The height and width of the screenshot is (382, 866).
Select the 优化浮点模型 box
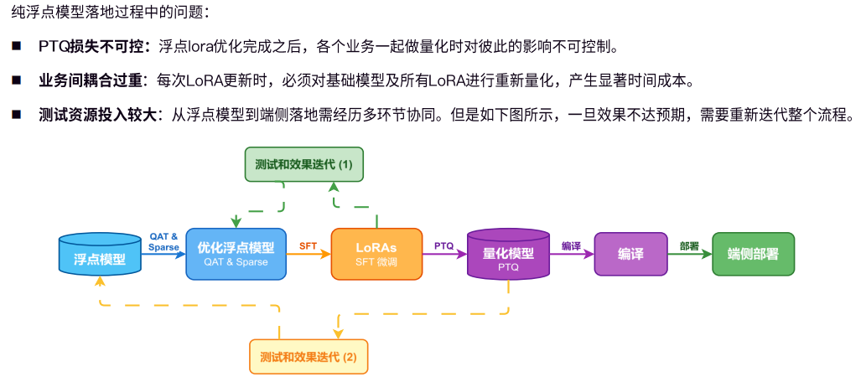tap(236, 253)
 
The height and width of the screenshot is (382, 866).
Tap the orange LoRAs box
tap(376, 253)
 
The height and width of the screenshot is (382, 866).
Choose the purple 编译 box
tap(630, 254)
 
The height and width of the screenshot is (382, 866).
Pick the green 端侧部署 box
tap(753, 254)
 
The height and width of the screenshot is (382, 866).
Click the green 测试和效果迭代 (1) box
tap(303, 163)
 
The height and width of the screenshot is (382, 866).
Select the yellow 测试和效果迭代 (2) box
tap(309, 356)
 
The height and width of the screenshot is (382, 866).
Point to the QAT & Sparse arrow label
tap(163, 241)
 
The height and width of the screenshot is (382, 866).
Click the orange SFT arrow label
tap(309, 245)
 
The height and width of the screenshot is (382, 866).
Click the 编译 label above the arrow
tap(571, 245)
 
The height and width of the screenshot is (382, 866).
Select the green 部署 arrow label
tap(689, 245)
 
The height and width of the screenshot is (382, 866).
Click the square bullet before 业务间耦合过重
tap(16, 80)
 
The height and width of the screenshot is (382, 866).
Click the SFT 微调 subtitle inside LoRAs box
tap(376, 263)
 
